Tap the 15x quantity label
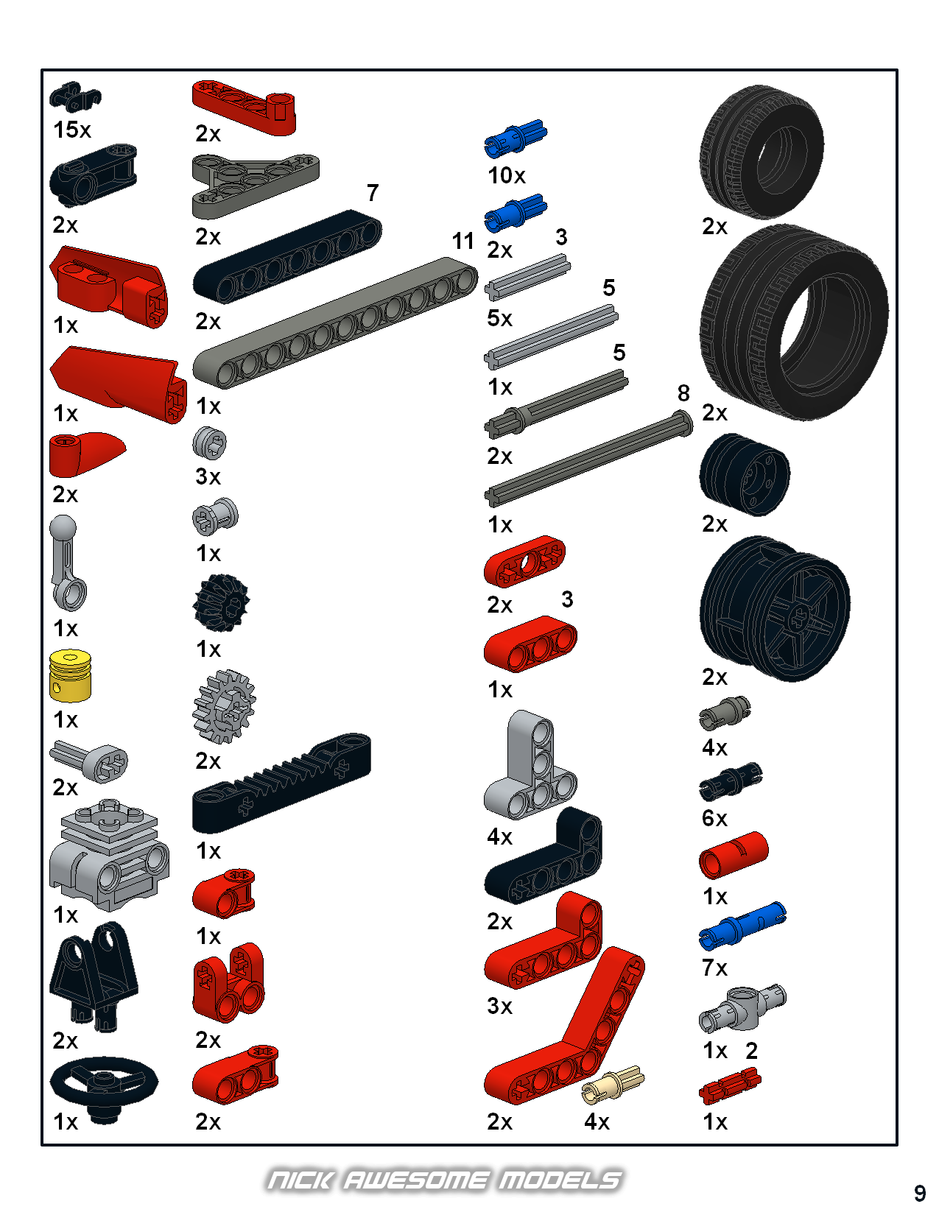pos(71,130)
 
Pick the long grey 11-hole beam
pos(336,323)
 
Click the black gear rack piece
pos(281,783)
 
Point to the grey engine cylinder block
pos(109,854)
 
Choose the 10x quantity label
pos(506,175)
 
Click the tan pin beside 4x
pos(613,1085)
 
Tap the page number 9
pos(920,1193)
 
